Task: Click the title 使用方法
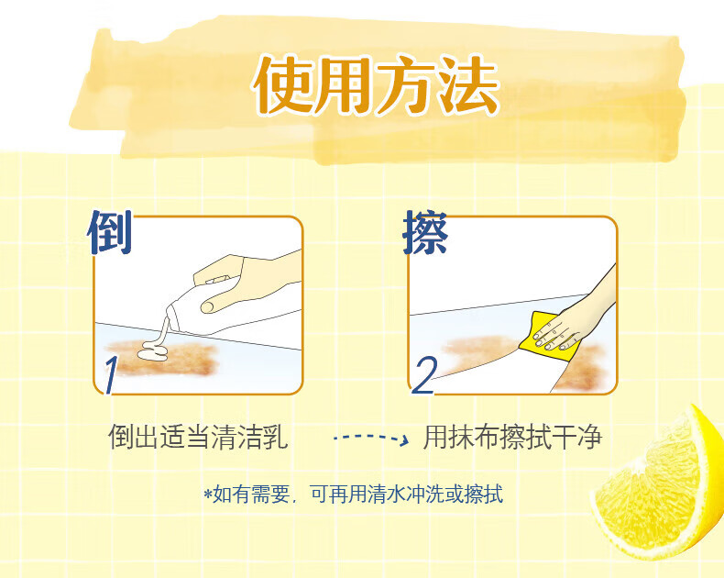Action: pos(376,85)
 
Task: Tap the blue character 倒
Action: pos(110,232)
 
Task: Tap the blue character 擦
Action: pos(425,233)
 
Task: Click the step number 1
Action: pos(110,375)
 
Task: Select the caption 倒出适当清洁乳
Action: pos(198,437)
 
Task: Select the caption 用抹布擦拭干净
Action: pos(513,437)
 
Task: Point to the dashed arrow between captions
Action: pos(371,438)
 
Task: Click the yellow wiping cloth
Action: pos(545,337)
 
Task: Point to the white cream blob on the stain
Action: pos(154,351)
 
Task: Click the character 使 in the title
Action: pos(282,85)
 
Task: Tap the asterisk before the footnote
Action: pos(208,494)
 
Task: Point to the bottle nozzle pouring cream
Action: pos(169,320)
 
